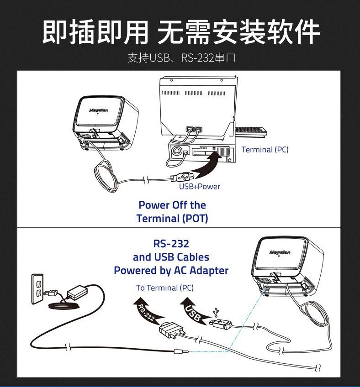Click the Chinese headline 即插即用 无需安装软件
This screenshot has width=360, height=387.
(x=180, y=32)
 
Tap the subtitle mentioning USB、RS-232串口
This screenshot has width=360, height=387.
(x=180, y=58)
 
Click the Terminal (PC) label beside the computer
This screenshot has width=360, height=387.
(x=265, y=149)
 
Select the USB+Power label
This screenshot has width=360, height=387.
(x=199, y=186)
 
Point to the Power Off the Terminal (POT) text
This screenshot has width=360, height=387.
(x=172, y=211)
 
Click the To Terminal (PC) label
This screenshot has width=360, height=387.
(x=164, y=288)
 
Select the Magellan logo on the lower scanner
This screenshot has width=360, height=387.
(x=280, y=252)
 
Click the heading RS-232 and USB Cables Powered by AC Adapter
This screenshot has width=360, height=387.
(x=171, y=256)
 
